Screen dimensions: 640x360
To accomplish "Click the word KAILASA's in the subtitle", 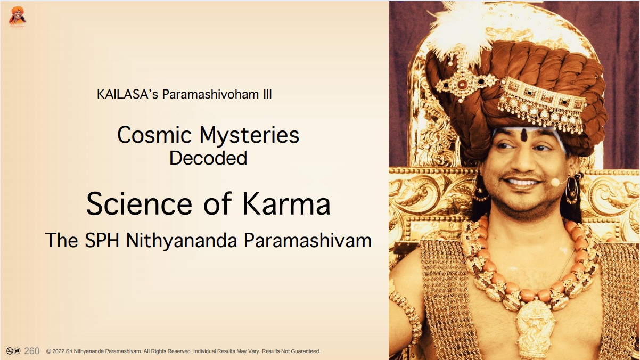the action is point(127,94).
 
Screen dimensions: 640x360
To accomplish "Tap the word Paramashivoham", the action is point(211,94).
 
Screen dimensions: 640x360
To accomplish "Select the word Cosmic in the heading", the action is point(154,135).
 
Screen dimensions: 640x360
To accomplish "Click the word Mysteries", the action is point(249,136).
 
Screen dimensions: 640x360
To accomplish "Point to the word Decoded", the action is point(208,158).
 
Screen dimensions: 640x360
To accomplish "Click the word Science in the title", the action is point(139,204).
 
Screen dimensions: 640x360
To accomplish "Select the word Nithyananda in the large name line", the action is point(182,241).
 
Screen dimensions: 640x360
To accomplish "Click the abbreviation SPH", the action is point(102,240).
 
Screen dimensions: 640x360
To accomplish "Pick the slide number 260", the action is point(32,351).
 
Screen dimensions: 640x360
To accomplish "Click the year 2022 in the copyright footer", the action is point(59,351).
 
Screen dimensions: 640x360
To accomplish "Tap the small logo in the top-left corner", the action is point(18,17).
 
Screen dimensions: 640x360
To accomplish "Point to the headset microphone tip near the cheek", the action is point(555,182).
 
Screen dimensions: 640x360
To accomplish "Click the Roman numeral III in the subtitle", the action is point(267,94).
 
